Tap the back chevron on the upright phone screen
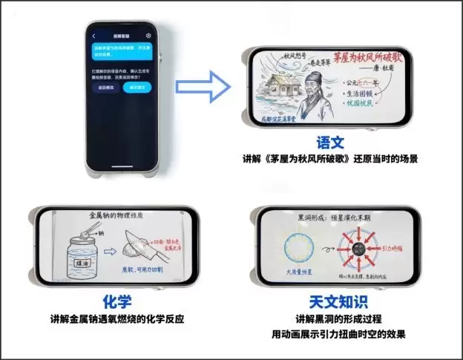tap(93, 36)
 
